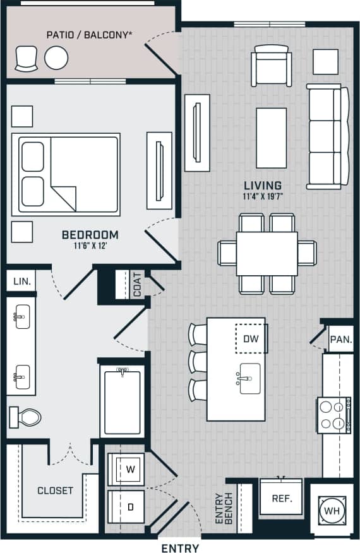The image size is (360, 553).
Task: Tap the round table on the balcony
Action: coord(56,59)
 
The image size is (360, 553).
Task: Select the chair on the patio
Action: coord(26,59)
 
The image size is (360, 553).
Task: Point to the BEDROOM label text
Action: coord(90,235)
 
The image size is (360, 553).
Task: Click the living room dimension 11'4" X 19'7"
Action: coord(263,196)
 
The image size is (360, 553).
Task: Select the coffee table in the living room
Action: coord(271,129)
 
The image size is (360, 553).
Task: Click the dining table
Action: coord(267,254)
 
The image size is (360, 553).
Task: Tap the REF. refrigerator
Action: coord(282,498)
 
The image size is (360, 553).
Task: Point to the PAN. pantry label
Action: coord(341,339)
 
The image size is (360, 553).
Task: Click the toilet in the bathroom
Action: coord(25,417)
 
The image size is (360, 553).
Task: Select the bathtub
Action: coord(121,401)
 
